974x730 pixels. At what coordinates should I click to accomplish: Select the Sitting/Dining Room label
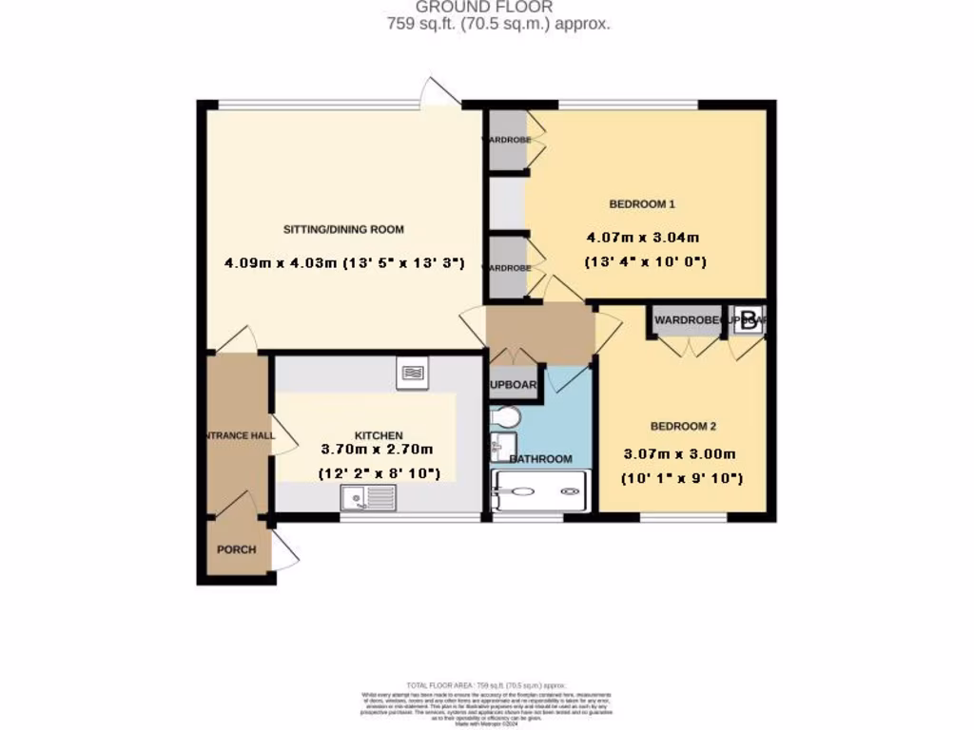343,229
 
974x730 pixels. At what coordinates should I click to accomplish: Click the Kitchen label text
366,435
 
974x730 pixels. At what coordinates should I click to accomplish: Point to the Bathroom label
542,459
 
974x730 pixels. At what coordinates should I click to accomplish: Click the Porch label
236,549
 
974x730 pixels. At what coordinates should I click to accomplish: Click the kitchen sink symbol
368,497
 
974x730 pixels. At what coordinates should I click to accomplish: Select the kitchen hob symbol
413,374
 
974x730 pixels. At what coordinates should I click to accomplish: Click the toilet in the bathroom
504,418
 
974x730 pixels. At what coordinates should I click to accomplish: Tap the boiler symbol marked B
750,320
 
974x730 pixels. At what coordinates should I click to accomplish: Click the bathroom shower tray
538,490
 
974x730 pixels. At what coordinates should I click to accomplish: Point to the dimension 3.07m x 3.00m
679,454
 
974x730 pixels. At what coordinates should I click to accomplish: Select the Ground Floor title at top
497,8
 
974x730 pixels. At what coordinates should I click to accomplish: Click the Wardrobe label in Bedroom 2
685,320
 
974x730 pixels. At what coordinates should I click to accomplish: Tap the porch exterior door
285,549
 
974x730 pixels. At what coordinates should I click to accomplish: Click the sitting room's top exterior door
439,92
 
